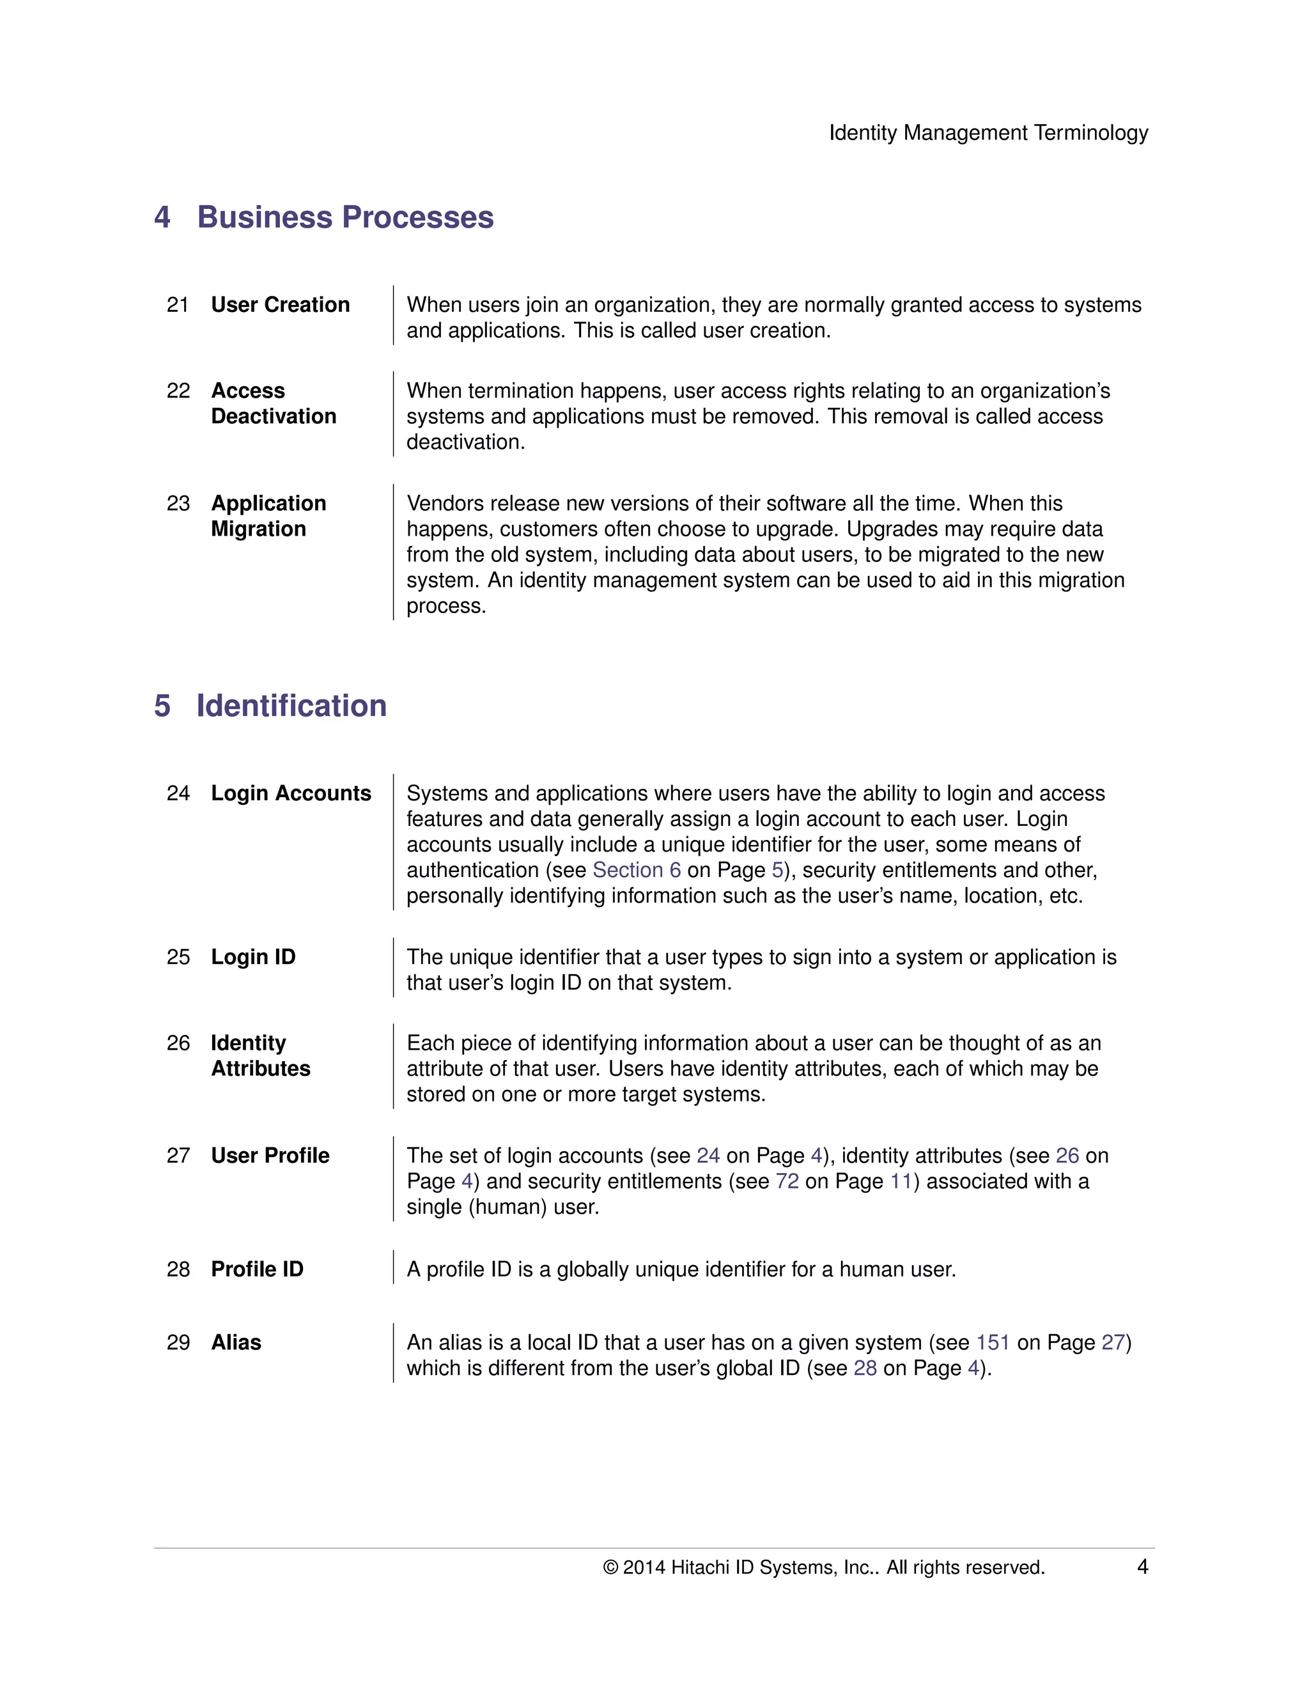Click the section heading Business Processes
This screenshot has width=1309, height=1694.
pyautogui.click(x=345, y=217)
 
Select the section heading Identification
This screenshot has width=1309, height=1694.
pyautogui.click(x=291, y=706)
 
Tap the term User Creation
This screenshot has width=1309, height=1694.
pyautogui.click(x=280, y=305)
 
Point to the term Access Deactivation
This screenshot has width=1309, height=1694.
pyautogui.click(x=273, y=403)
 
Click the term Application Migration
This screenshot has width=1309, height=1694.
pyautogui.click(x=268, y=516)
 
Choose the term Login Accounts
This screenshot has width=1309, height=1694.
pyautogui.click(x=291, y=793)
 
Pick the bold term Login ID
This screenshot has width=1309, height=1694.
pyautogui.click(x=253, y=957)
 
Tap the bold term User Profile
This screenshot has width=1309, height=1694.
pyautogui.click(x=270, y=1156)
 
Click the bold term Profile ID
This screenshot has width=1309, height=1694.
pyautogui.click(x=257, y=1269)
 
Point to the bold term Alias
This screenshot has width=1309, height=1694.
pyautogui.click(x=236, y=1342)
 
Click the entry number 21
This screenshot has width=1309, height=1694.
pyautogui.click(x=178, y=305)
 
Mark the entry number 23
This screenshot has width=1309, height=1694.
pyautogui.click(x=178, y=503)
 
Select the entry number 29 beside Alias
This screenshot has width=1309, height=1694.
pyautogui.click(x=178, y=1342)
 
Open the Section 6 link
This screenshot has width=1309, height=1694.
pyautogui.click(x=636, y=870)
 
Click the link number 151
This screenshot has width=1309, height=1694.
pyautogui.click(x=993, y=1342)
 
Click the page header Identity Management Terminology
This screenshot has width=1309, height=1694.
pyautogui.click(x=988, y=132)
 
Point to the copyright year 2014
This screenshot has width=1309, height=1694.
pyautogui.click(x=644, y=1567)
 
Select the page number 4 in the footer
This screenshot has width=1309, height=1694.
pyautogui.click(x=1142, y=1567)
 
